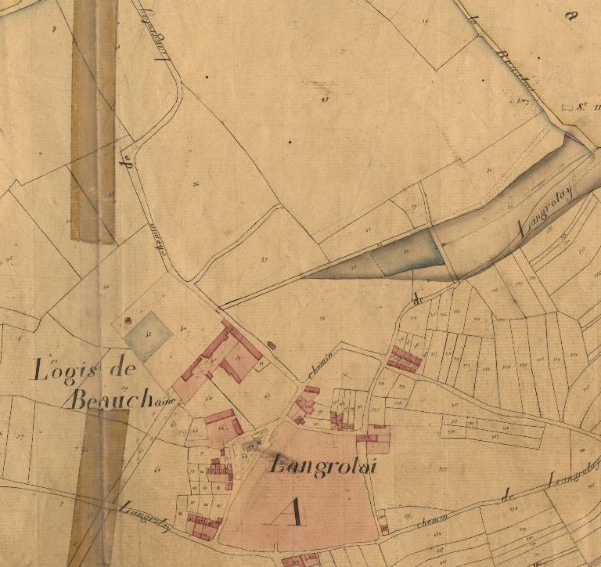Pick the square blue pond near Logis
[148, 336]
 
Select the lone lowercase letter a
[570, 16]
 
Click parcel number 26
[196, 183]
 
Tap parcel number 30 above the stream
[488, 170]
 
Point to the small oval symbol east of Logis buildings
[272, 344]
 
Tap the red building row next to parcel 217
[404, 359]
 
